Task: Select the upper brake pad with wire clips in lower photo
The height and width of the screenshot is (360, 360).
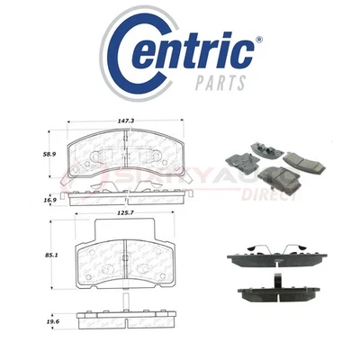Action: [x=274, y=263]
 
